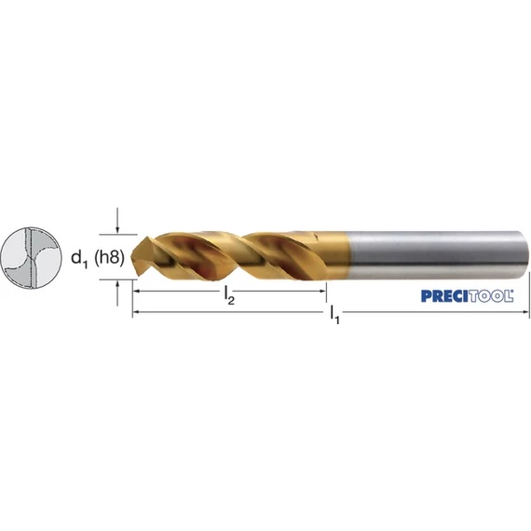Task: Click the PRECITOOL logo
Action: pos(467,296)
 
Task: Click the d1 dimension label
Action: pos(79,259)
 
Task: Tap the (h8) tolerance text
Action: pos(108,258)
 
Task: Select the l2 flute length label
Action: pos(229,295)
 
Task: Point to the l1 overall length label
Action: pos(334,315)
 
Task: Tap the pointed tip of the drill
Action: pos(131,253)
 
